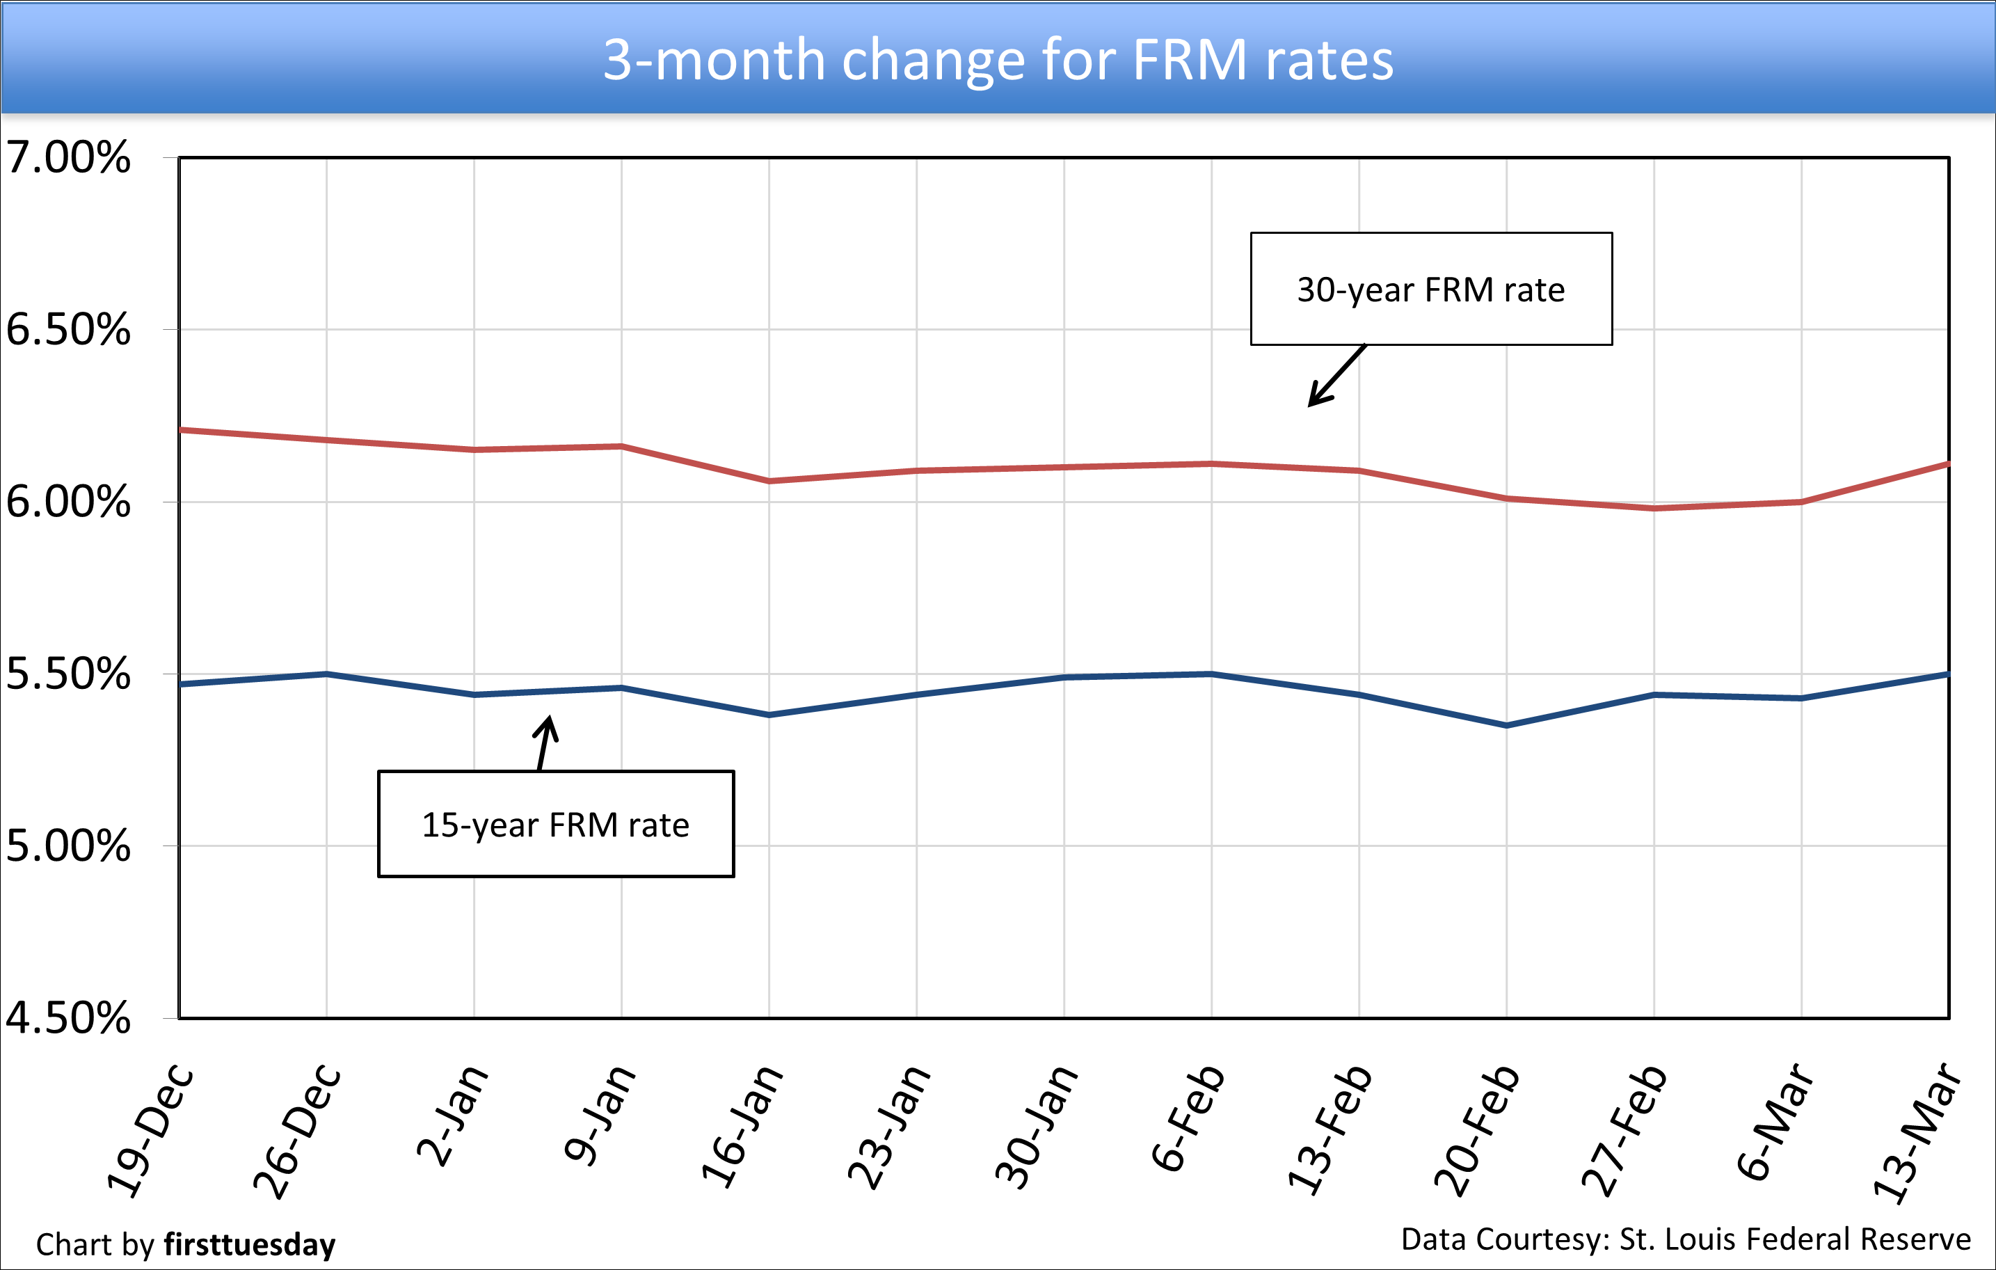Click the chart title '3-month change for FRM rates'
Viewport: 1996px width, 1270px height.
(x=997, y=60)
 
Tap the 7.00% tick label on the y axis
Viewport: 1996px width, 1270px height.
(x=68, y=157)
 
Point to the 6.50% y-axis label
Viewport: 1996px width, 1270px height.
(x=68, y=329)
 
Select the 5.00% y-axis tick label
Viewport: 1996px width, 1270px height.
(x=68, y=846)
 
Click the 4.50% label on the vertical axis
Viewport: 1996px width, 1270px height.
(x=68, y=1018)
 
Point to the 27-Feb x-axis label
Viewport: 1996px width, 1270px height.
(x=1624, y=1131)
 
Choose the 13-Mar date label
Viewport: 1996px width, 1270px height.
(x=1918, y=1132)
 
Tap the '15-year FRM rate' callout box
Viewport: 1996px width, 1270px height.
(x=555, y=825)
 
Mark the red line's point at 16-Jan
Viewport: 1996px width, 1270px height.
(x=769, y=481)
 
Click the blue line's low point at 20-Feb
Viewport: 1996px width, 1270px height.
(x=1506, y=725)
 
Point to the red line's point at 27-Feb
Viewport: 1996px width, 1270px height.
(x=1654, y=508)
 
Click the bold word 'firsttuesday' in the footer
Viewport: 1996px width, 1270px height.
(x=250, y=1245)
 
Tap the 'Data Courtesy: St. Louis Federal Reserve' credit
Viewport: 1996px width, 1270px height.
(x=1686, y=1239)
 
